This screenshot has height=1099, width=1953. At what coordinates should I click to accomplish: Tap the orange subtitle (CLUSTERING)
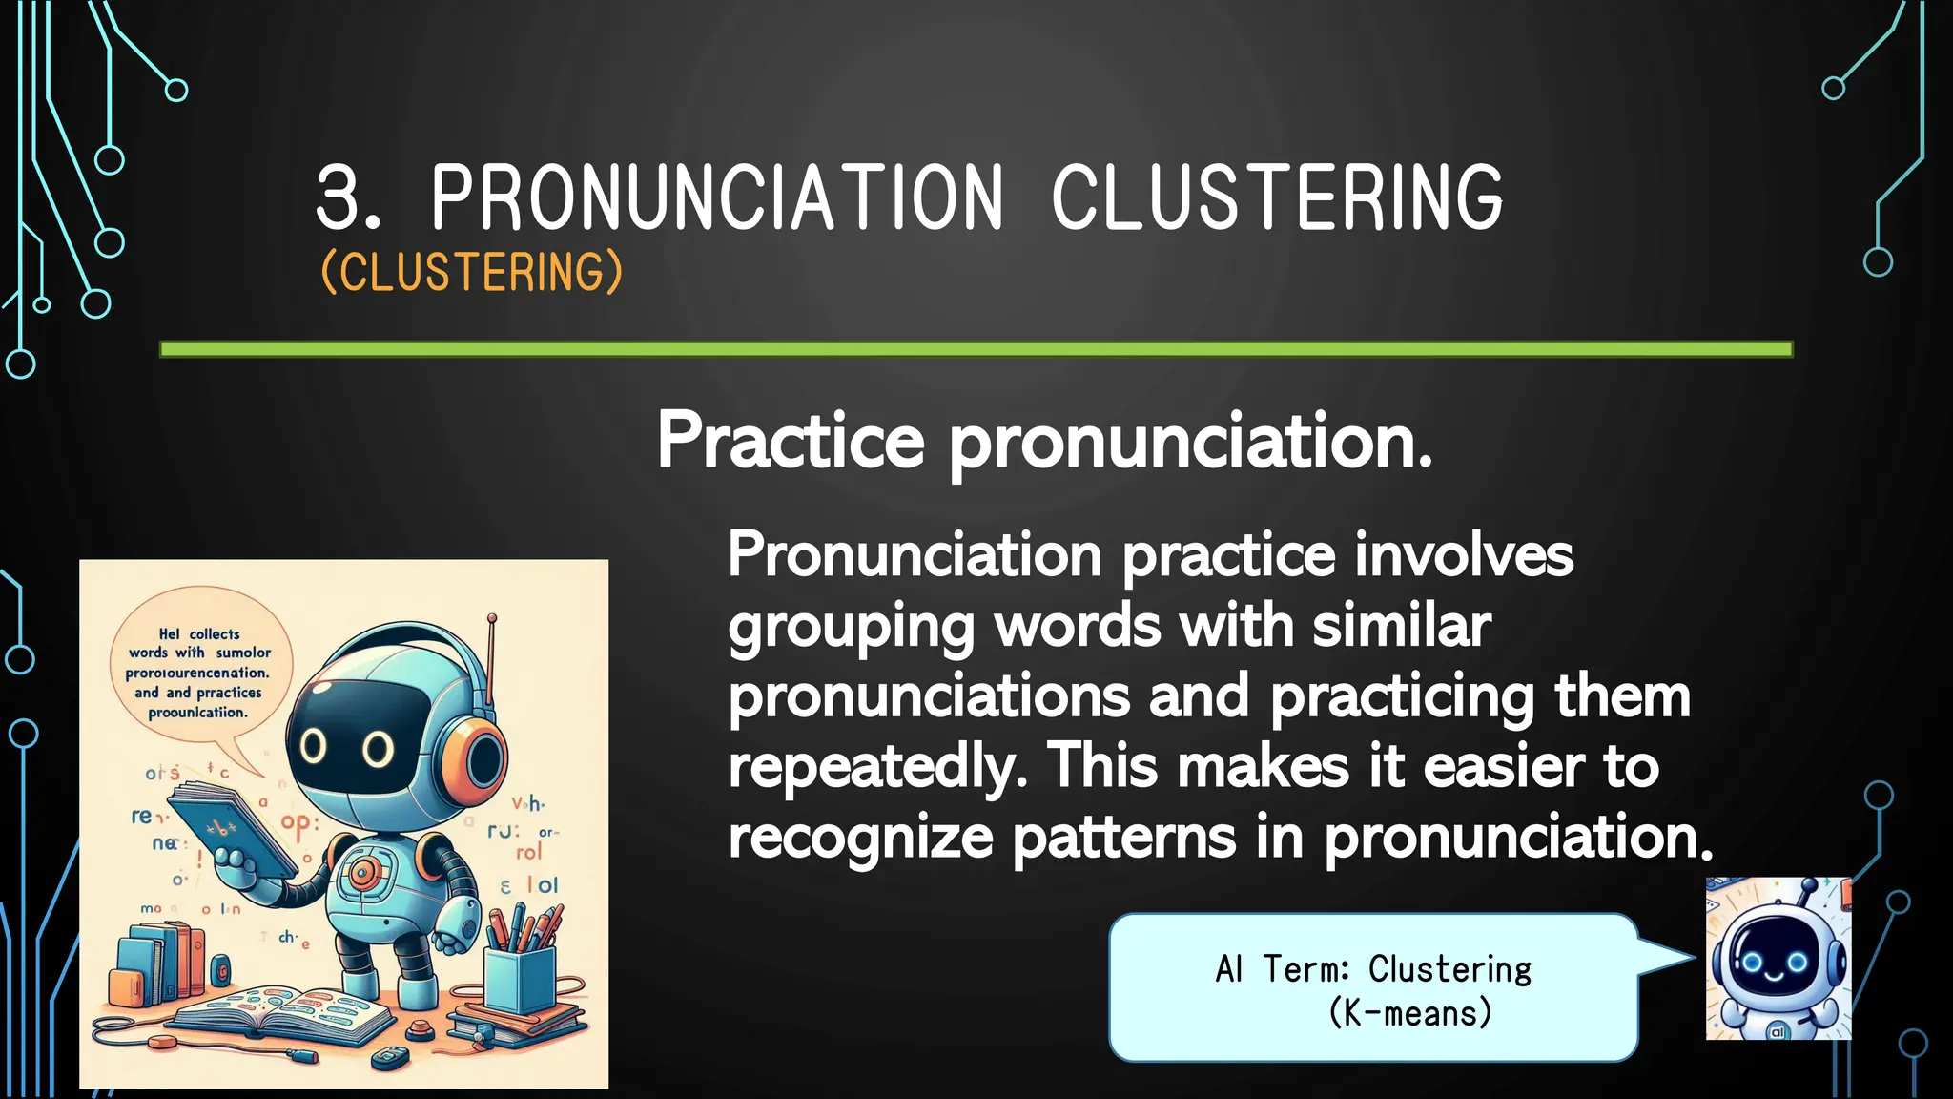472,272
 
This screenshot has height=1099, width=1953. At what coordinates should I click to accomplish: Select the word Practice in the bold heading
791,441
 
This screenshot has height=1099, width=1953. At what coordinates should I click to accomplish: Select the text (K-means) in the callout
1409,1013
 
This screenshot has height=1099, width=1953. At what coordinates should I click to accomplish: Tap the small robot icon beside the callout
1778,959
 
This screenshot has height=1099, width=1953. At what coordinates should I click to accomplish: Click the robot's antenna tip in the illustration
492,618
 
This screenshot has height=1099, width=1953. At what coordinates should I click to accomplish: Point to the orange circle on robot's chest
362,870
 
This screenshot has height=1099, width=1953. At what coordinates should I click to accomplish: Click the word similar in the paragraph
1401,628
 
